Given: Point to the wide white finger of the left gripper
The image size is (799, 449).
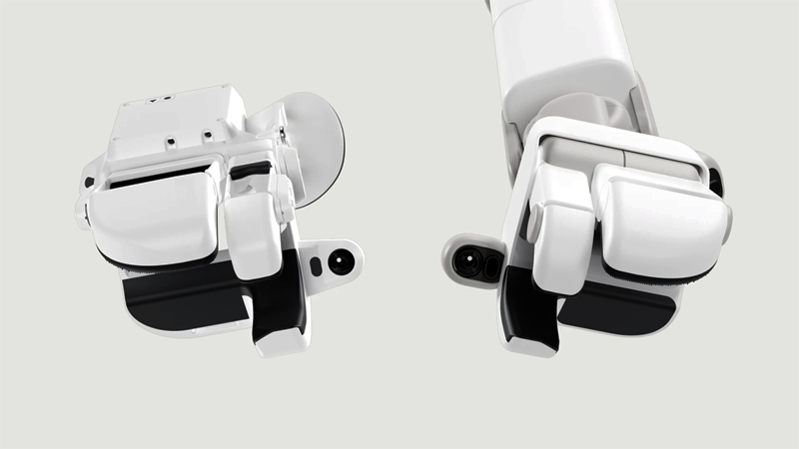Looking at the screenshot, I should [150, 215].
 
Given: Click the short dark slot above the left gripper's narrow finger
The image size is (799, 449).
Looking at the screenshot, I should [251, 171].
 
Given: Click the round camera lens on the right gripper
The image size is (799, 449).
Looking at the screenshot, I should [465, 261].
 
